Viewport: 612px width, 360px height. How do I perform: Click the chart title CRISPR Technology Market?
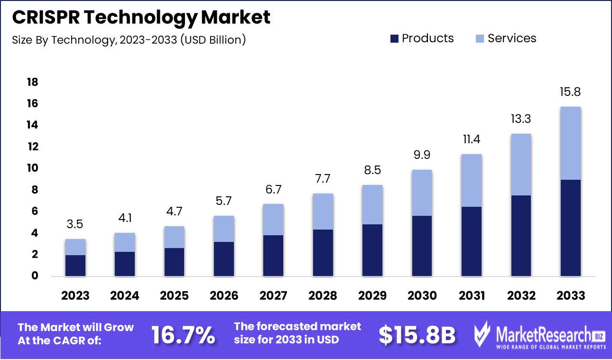tap(141, 18)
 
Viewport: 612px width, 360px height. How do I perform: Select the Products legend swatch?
tap(394, 39)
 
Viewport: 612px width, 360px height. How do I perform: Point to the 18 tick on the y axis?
tap(32, 83)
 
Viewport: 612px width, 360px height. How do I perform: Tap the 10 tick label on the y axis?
tap(32, 168)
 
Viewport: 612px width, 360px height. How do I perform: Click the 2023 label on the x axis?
tap(75, 295)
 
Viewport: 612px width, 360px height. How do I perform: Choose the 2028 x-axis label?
tap(323, 295)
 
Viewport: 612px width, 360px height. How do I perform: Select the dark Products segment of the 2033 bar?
tap(571, 228)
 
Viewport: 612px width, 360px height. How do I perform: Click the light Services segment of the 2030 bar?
tap(422, 193)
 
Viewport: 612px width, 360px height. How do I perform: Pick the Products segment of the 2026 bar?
tap(224, 259)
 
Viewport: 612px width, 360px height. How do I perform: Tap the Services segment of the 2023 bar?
tap(75, 247)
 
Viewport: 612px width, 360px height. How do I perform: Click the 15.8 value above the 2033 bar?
tap(571, 92)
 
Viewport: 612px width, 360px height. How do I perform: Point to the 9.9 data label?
tap(422, 155)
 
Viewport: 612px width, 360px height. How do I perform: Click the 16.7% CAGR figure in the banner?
tap(183, 335)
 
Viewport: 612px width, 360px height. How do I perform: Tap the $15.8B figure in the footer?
tap(417, 335)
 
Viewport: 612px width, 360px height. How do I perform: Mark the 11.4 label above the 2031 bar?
tap(472, 139)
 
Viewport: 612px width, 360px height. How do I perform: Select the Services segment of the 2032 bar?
tap(521, 165)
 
